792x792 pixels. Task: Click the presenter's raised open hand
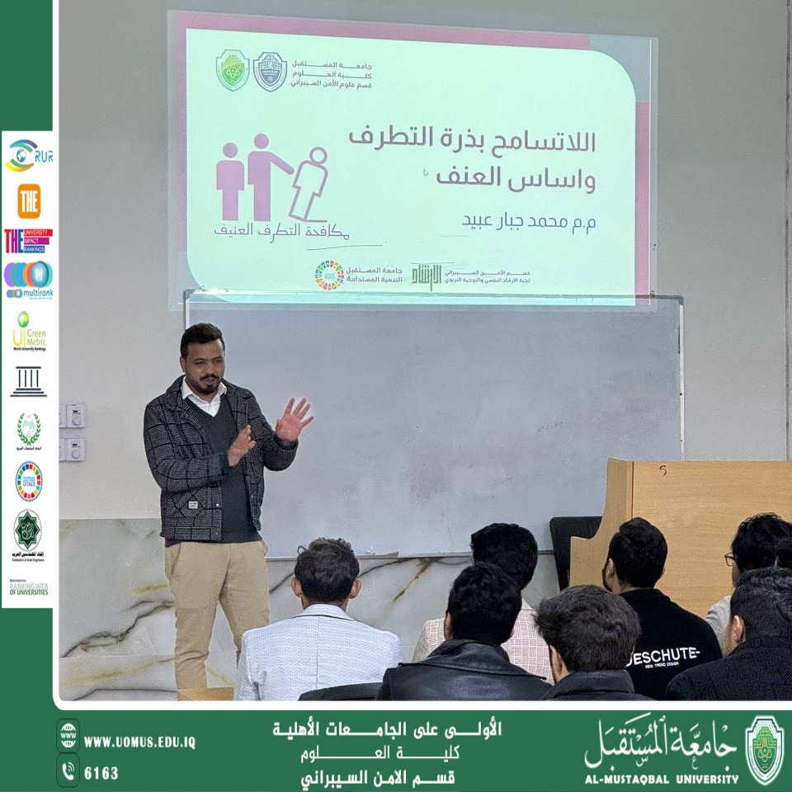pos(293,419)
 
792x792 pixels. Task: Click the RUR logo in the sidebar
pos(28,155)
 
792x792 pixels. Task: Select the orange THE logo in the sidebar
pos(29,200)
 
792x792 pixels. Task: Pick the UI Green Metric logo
pos(29,330)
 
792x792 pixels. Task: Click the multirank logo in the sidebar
pos(28,279)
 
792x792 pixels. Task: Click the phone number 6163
pos(101,773)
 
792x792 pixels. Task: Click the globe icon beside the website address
pos(68,735)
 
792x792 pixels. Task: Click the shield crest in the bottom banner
pos(764,750)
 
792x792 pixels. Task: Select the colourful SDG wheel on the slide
pos(329,275)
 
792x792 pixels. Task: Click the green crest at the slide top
pos(233,69)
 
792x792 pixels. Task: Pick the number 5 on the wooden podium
pos(662,470)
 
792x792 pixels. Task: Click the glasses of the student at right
pos(730,559)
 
